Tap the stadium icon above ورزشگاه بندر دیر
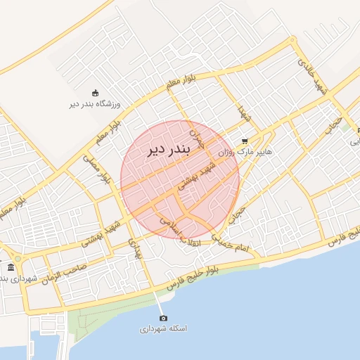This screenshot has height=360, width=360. [x=96, y=93]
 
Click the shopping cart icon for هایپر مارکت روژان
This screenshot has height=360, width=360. [x=245, y=141]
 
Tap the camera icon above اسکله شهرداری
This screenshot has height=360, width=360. [x=163, y=319]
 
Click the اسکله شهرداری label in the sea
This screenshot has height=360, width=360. [x=162, y=329]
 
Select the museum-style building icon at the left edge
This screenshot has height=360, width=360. [x=10, y=268]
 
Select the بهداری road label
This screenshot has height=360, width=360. [x=136, y=246]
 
